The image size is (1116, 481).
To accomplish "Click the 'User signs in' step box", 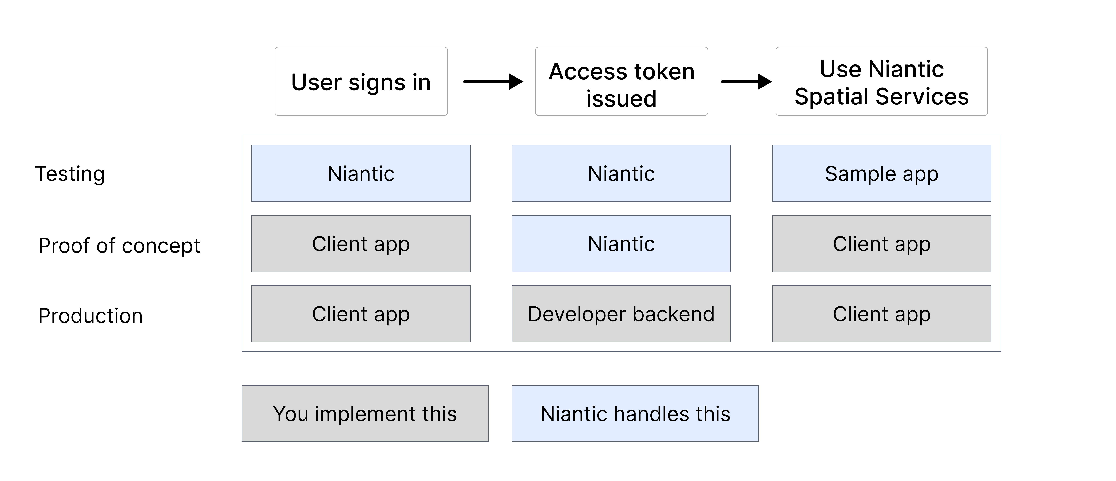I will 361,81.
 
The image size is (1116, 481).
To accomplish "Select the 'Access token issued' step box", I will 621,81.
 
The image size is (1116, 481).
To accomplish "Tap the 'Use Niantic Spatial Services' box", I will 881,81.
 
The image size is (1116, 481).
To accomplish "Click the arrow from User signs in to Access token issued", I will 493,81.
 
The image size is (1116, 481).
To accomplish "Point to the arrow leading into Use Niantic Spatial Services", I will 746,81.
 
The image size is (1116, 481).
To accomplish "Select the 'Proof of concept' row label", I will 119,246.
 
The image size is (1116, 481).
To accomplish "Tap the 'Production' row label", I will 90,316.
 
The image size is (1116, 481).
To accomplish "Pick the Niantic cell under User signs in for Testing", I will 361,174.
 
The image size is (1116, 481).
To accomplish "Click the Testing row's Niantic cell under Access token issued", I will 621,174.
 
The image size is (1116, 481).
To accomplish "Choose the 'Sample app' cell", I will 881,174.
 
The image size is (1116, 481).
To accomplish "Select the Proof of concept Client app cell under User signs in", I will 361,244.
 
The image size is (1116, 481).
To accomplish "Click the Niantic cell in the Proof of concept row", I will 621,244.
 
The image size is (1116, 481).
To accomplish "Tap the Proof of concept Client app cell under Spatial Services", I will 881,244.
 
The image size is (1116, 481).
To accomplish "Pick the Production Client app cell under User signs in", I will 361,314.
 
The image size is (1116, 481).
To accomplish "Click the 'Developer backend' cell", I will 621,314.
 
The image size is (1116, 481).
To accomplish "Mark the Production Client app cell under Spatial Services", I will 881,314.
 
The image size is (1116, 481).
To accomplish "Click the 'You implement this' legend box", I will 365,413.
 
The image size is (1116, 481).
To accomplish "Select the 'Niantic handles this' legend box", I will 635,413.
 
